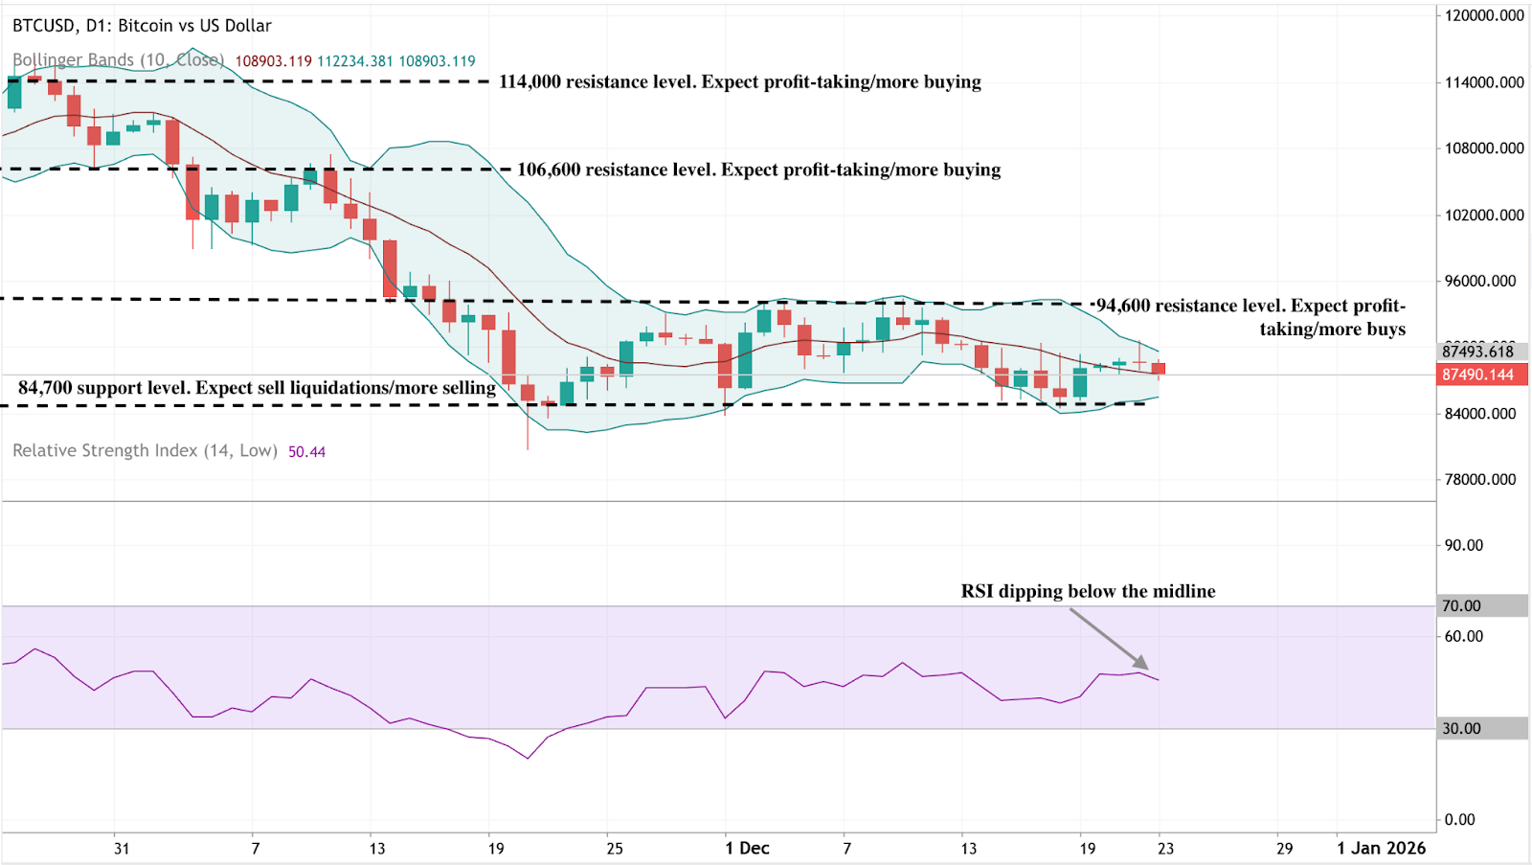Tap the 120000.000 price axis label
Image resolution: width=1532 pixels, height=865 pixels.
point(1483,15)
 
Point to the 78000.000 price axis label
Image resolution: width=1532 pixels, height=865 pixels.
point(1479,479)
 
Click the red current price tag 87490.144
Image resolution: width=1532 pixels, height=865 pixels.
point(1478,375)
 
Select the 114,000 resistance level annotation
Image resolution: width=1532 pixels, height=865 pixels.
point(739,81)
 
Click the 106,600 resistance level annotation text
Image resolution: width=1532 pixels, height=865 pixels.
point(758,170)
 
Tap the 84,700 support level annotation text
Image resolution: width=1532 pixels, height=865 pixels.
point(257,387)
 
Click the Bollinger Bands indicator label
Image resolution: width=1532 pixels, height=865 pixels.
point(118,60)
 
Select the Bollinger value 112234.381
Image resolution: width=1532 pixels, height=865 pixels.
point(354,61)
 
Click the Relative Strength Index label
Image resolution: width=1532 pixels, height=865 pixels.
point(145,450)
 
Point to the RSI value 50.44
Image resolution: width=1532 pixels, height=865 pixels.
point(306,451)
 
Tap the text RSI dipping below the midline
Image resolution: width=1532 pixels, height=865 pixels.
point(1088,591)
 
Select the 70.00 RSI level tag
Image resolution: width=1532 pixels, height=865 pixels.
point(1461,605)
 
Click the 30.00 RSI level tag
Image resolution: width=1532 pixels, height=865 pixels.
point(1461,728)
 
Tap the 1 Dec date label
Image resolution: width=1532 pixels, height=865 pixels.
point(747,848)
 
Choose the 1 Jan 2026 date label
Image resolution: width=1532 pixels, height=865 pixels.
point(1381,848)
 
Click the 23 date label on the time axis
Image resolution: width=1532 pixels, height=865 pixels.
point(1164,848)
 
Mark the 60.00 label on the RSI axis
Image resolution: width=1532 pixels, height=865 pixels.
point(1463,636)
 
